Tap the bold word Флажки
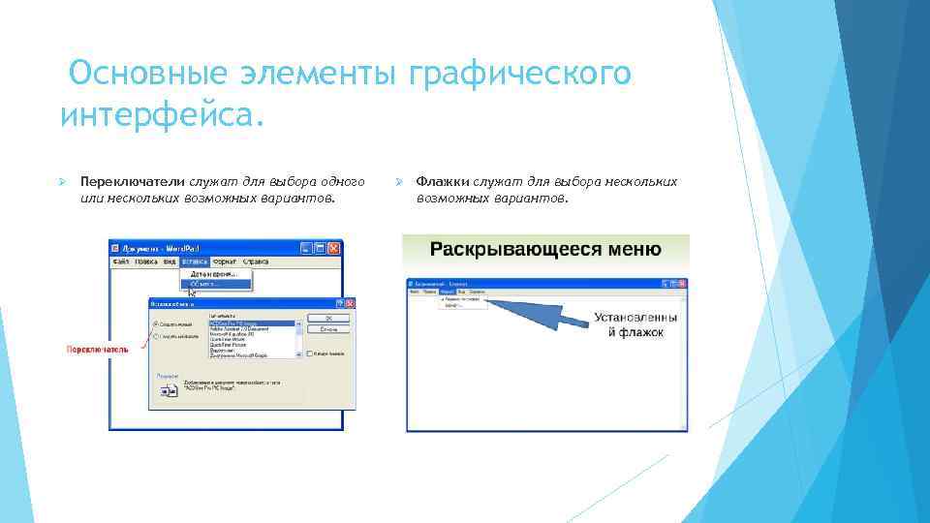coord(443,182)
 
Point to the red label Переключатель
coord(96,349)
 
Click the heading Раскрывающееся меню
coord(545,250)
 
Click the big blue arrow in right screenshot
coord(533,315)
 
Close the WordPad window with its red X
coord(334,248)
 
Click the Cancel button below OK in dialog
coord(327,330)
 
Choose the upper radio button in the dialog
coord(155,323)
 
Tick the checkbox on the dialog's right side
coord(308,354)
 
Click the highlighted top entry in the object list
coord(252,322)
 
